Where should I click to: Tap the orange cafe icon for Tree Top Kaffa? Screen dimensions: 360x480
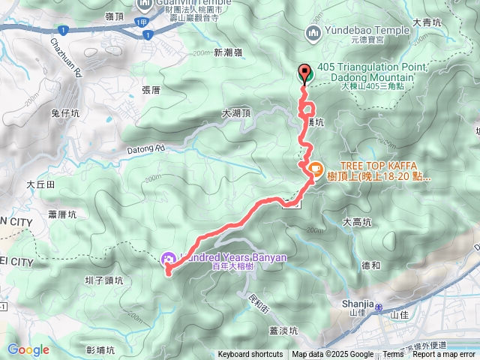coord(315,169)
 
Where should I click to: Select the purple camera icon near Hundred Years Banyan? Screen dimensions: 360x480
coord(169,259)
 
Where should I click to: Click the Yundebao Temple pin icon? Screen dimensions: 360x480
coord(313,31)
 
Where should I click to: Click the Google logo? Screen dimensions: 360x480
coord(28,349)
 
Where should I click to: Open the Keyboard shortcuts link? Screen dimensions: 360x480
coord(250,355)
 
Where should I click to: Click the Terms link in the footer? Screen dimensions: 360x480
coord(393,355)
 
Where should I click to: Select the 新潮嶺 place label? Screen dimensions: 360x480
coord(228,53)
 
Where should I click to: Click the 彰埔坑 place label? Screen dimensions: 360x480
coord(100,349)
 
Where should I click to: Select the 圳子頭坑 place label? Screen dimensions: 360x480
coord(103,280)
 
